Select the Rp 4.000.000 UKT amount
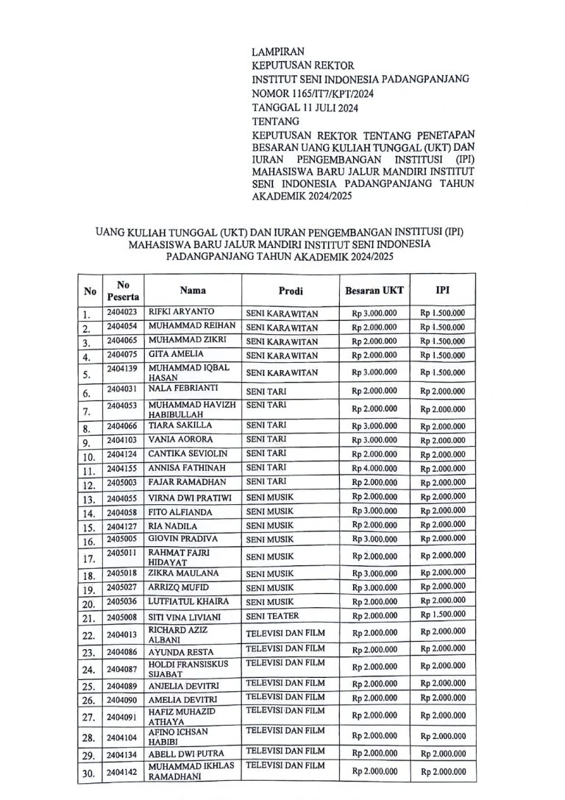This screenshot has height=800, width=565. pos(374,469)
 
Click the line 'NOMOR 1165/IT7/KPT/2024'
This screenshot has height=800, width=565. pos(314,93)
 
